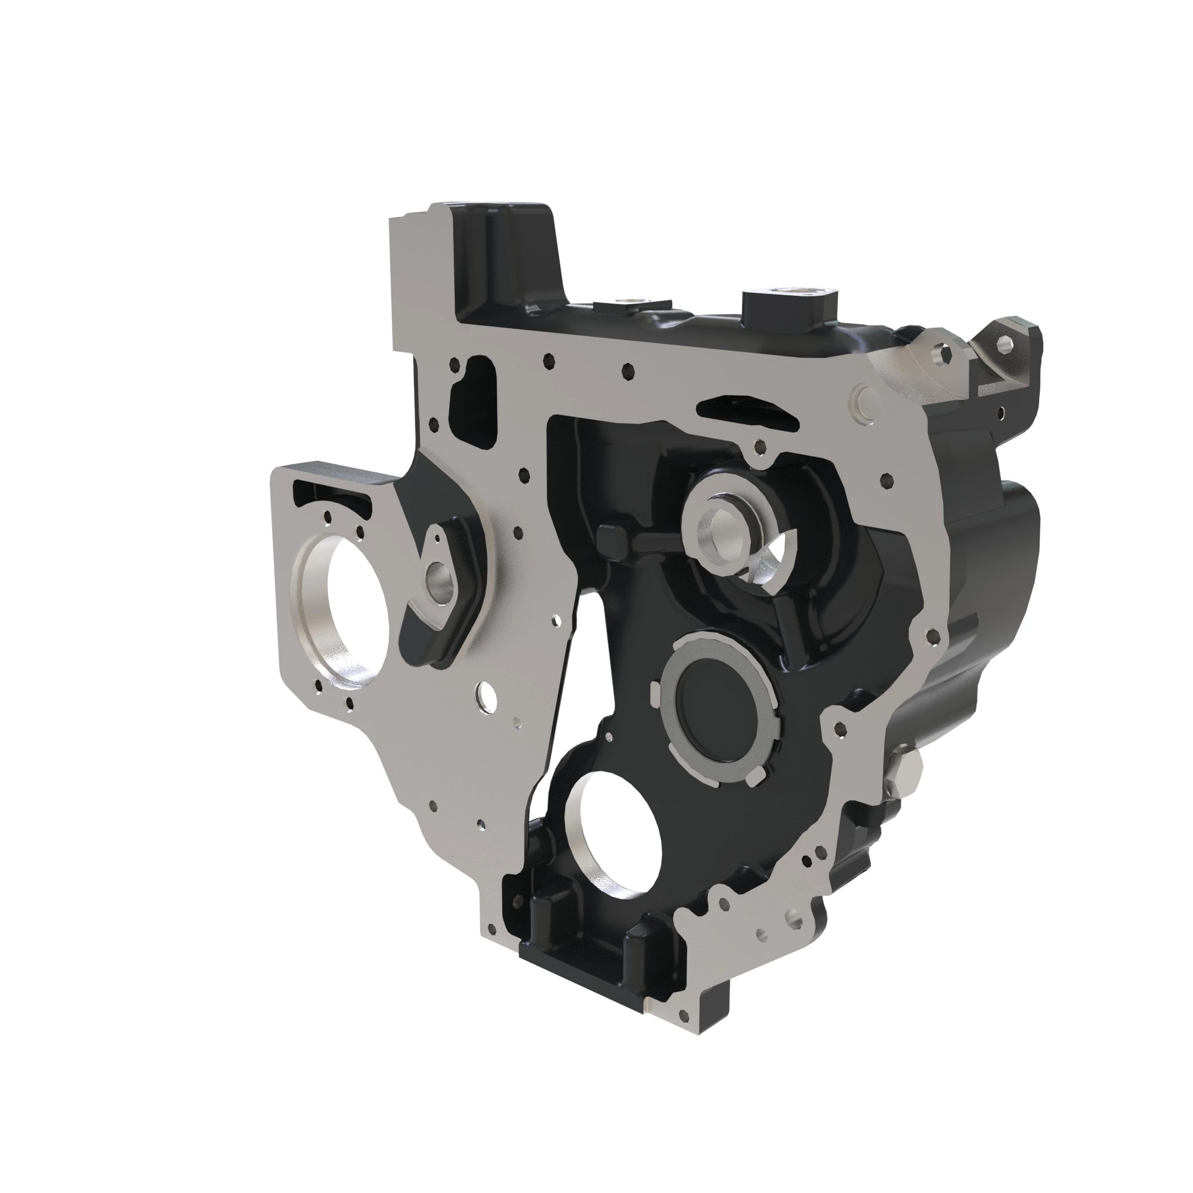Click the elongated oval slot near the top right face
[747, 411]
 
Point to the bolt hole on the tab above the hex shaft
[759, 446]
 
